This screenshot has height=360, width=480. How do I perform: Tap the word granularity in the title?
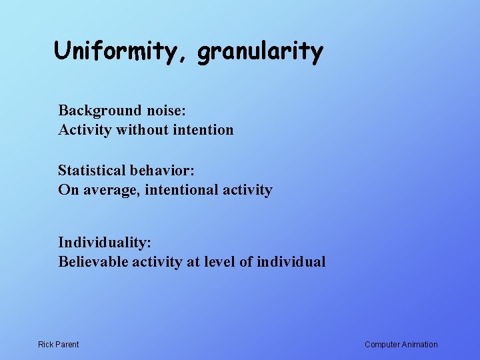click(260, 52)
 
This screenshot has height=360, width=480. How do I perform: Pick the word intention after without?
click(203, 129)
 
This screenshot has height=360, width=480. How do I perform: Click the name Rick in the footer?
click(46, 345)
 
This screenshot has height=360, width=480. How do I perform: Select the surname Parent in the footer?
click(67, 345)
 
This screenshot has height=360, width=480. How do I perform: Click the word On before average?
click(67, 190)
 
